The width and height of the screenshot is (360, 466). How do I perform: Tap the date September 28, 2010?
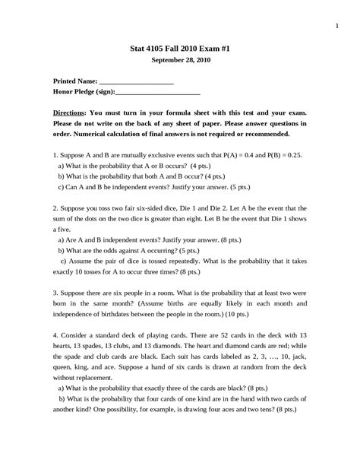pos(180,60)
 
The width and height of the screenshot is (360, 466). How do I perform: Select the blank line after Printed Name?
pos(137,81)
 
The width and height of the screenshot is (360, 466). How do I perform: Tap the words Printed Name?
pos(75,81)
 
